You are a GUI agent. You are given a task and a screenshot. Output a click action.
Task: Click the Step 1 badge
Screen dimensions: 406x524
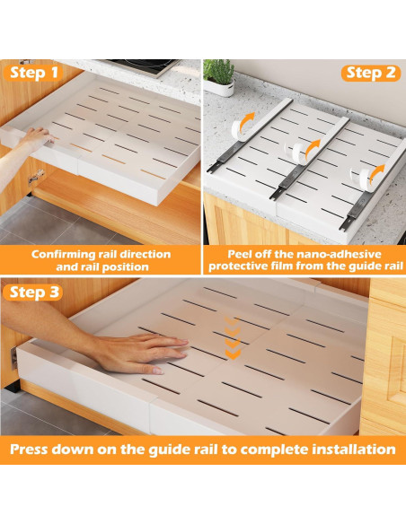33,73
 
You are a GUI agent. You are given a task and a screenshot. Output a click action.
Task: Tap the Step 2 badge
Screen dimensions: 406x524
371,74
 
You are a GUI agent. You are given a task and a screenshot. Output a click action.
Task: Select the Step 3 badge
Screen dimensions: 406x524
32,293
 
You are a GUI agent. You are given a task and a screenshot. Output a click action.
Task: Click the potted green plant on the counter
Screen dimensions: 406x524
219,78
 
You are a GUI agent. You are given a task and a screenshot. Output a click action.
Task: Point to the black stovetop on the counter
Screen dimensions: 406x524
144,66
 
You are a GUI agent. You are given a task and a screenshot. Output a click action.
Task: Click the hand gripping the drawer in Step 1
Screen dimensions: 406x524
37,138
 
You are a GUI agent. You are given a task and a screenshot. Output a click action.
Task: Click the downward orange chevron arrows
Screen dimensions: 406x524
233,338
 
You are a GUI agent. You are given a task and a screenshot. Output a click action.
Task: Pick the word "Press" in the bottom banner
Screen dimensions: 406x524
29,450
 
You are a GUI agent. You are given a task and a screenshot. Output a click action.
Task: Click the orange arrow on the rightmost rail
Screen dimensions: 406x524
377,174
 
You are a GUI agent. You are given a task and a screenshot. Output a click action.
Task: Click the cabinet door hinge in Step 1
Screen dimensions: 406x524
36,176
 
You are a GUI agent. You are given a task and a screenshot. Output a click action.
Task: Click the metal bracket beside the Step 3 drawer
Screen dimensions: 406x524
13,358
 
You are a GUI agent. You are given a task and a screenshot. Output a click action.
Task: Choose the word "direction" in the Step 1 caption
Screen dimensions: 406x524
146,254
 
